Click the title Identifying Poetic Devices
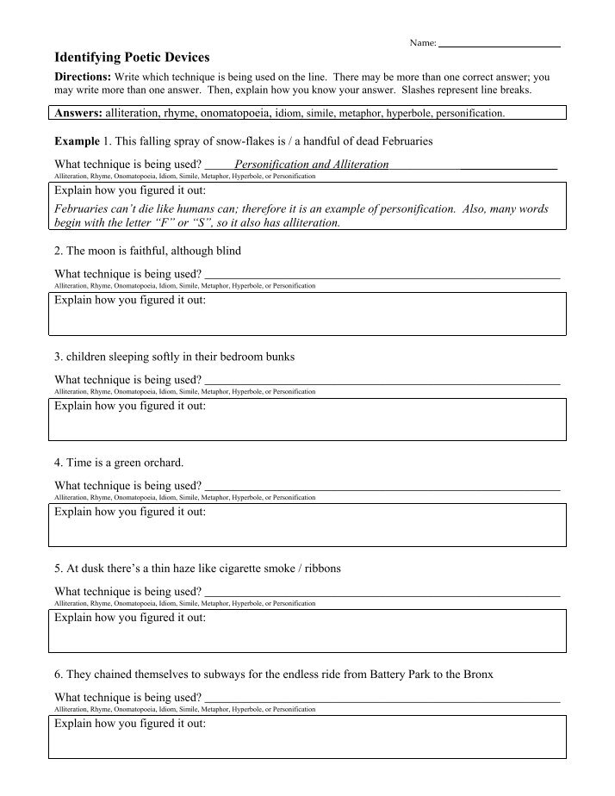point(132,58)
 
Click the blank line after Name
point(500,43)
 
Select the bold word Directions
point(81,77)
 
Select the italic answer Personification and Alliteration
point(311,164)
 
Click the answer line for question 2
point(382,276)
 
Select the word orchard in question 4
point(162,463)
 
